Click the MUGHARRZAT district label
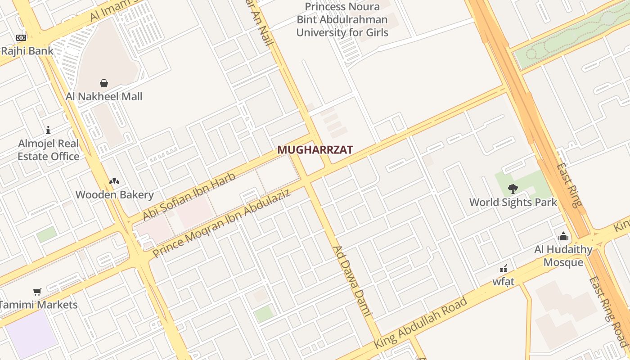click(315, 150)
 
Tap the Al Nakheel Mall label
click(104, 96)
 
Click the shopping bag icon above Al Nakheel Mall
click(104, 83)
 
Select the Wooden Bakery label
click(114, 195)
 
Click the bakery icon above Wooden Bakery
click(114, 181)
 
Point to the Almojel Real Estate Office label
click(49, 150)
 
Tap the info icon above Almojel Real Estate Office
click(48, 130)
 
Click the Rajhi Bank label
click(27, 51)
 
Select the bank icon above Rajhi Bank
click(21, 38)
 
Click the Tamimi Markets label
click(39, 305)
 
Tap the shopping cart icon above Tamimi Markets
click(37, 292)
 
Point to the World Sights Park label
click(513, 202)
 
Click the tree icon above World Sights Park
click(513, 189)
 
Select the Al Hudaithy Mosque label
click(563, 256)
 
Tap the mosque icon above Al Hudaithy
click(563, 237)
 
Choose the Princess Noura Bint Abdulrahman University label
click(342, 20)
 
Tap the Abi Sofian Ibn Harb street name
click(189, 197)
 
